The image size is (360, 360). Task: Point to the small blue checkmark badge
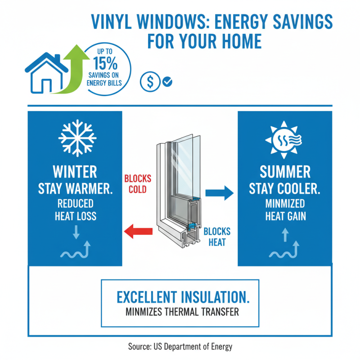167,82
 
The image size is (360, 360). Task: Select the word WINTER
75,171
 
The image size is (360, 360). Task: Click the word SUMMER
285,171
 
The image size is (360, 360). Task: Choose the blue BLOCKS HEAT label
217,237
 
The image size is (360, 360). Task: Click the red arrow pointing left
138,232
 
